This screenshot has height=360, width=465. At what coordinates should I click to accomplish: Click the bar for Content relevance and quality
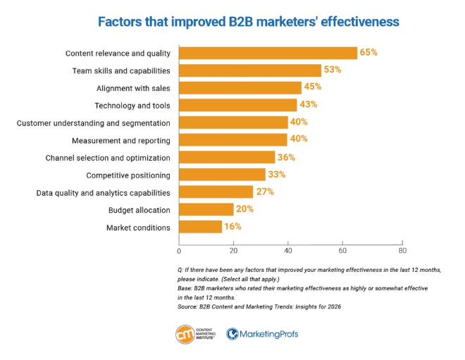268,53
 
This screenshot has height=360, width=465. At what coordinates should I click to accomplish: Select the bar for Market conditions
201,227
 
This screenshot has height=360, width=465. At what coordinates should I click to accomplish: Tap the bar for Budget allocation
206,209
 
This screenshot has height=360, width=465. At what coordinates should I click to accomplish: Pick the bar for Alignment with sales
240,87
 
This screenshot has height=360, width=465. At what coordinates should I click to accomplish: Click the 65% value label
368,53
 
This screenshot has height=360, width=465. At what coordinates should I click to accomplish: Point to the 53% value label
332,70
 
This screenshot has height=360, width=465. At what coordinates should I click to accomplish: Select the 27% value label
264,192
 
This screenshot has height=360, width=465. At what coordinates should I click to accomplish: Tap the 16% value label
233,227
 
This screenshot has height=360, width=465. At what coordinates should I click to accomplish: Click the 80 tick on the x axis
402,250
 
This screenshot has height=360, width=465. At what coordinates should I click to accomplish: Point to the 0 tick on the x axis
179,250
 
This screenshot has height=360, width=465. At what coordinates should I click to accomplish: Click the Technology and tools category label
132,106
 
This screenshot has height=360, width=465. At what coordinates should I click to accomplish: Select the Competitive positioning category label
128,175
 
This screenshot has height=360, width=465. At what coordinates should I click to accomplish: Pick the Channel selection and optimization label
108,158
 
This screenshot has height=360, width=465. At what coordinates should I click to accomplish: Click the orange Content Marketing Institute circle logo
186,333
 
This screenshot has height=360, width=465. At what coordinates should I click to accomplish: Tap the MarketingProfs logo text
268,334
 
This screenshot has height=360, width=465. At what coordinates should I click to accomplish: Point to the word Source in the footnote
189,307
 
